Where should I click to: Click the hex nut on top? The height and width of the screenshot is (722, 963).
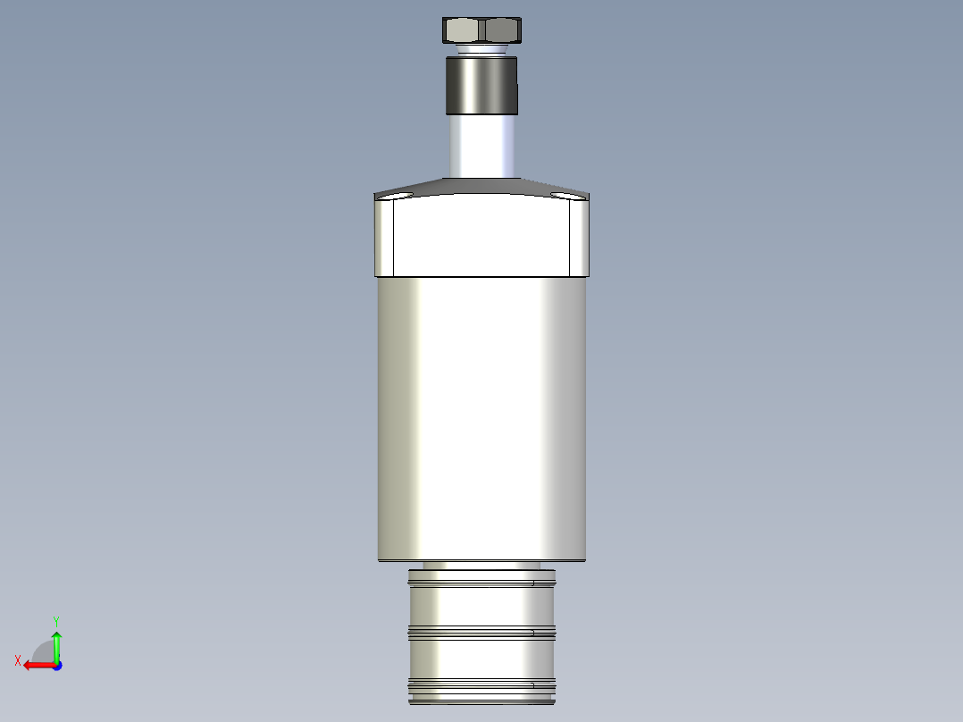pos(482,30)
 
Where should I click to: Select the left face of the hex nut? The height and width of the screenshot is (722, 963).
pos(464,31)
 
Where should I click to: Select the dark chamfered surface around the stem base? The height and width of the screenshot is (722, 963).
pos(482,186)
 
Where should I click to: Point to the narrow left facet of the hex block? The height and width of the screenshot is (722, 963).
pos(385,237)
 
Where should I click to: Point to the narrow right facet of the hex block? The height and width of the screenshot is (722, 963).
pos(579,237)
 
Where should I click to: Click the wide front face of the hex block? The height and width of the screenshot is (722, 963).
pos(482,237)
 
